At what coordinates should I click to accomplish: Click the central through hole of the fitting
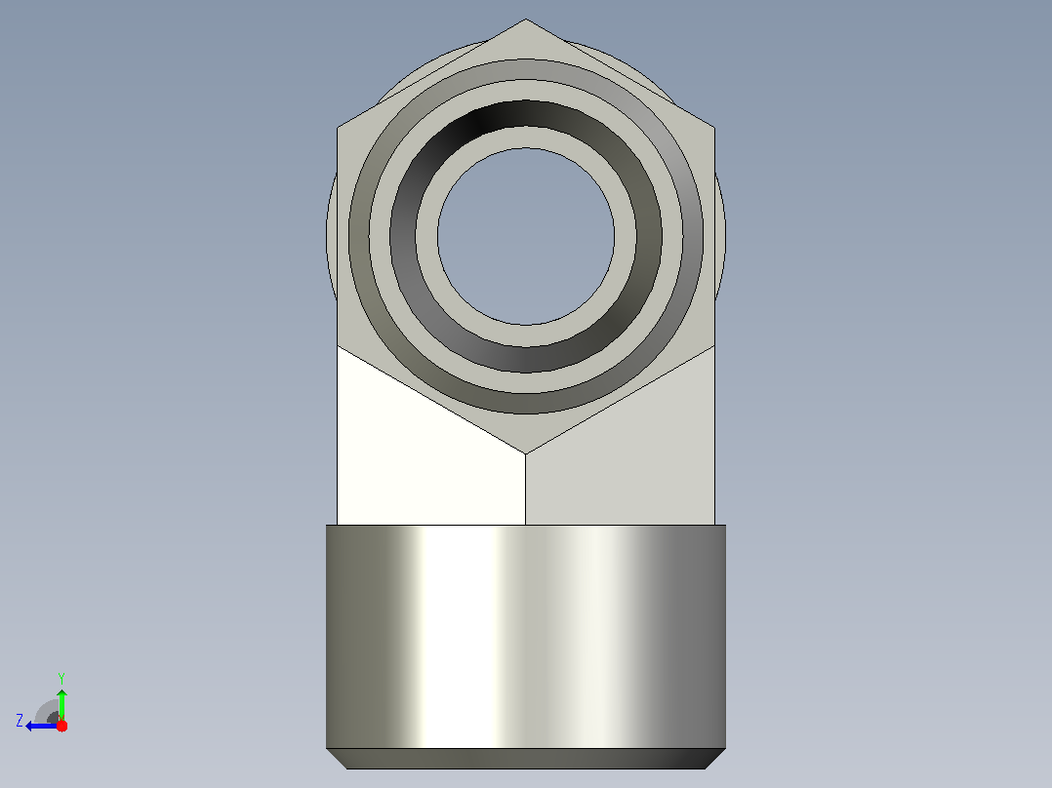pyautogui.click(x=526, y=237)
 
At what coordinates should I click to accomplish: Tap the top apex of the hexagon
pyautogui.click(x=526, y=19)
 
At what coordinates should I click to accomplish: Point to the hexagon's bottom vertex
pyautogui.click(x=525, y=454)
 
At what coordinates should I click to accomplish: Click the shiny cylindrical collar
pyautogui.click(x=526, y=637)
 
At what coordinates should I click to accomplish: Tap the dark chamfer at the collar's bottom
pyautogui.click(x=526, y=759)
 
